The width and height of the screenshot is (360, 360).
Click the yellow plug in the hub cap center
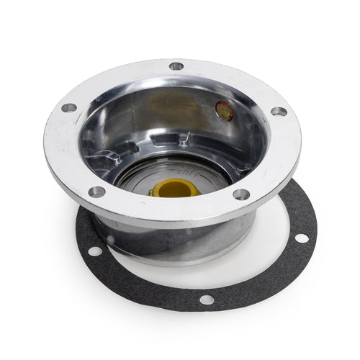[x=176, y=189]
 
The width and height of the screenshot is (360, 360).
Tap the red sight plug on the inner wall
[x=224, y=109]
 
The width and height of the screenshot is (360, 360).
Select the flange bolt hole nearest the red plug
[x=278, y=112]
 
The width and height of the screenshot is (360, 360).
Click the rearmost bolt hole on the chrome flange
[x=176, y=66]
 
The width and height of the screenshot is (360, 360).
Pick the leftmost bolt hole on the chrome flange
[x=69, y=108]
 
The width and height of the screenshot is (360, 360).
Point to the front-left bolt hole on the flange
[x=96, y=192]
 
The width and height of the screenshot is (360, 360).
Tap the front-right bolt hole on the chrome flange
[x=241, y=194]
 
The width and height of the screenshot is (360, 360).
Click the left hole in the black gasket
[x=94, y=251]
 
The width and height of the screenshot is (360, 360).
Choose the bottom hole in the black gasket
[x=207, y=300]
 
